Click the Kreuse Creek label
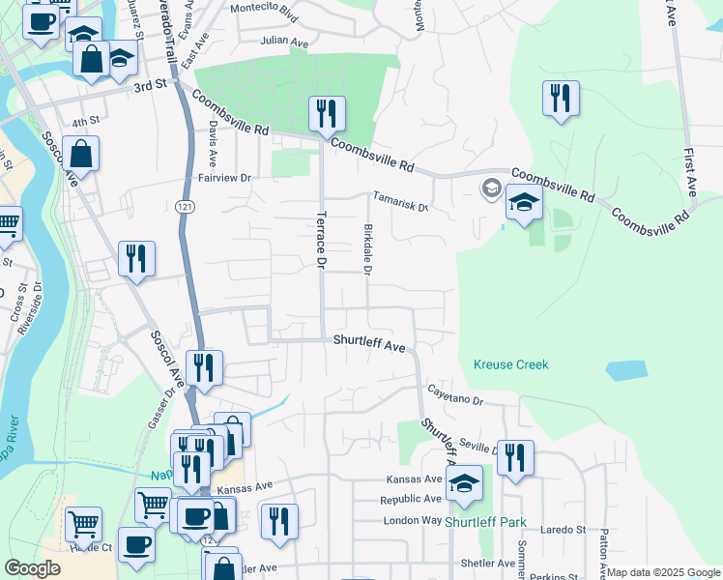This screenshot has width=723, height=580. (x=510, y=364)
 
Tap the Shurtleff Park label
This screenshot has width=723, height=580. (x=485, y=522)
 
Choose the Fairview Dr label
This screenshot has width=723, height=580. (x=224, y=178)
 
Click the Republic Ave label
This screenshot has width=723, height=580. (x=411, y=500)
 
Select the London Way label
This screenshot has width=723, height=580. (x=412, y=519)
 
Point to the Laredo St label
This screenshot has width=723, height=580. (x=564, y=530)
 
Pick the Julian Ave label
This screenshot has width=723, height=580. (x=284, y=43)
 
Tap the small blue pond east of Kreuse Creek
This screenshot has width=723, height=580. (x=626, y=370)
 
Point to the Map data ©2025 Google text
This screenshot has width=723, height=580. (x=663, y=572)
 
